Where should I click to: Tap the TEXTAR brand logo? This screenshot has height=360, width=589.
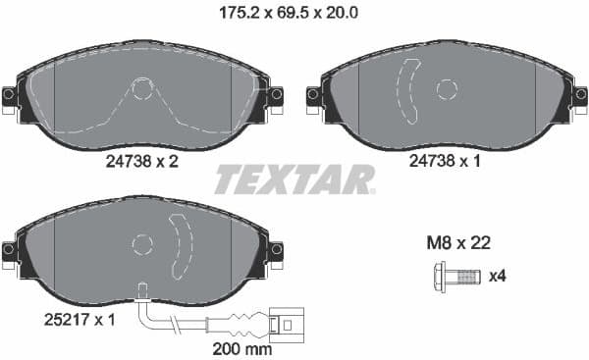coord(294,180)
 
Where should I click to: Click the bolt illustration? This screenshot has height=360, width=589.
coord(457,277)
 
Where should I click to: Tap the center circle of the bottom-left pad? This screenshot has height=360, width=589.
coord(142,243)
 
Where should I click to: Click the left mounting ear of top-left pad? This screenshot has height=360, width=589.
coord(10,95)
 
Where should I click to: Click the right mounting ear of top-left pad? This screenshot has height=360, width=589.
coord(276,95)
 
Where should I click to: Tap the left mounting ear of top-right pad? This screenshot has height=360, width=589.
coord(314,95)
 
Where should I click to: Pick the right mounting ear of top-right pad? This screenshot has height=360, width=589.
coord(580,95)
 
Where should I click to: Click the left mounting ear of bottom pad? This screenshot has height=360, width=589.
coord(10,250)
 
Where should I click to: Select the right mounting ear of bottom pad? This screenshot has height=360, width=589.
coord(276,250)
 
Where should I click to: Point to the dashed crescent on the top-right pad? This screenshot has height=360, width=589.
coord(407,90)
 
